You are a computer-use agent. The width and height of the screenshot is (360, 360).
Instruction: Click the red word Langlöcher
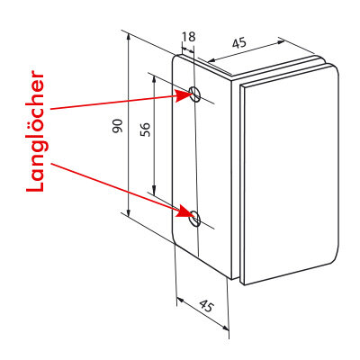pyautogui.click(x=35, y=131)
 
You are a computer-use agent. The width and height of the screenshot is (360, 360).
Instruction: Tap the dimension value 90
pyautogui.click(x=118, y=126)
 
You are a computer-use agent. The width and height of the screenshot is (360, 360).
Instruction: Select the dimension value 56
pyautogui.click(x=145, y=130)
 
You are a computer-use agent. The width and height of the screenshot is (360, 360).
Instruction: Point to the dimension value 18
pyautogui.click(x=189, y=37)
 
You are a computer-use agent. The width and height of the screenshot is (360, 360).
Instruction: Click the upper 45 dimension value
pyautogui.click(x=239, y=43)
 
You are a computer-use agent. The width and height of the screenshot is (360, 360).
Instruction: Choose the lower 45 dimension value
pyautogui.click(x=207, y=306)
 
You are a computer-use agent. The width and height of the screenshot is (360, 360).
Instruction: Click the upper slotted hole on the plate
pyautogui.click(x=195, y=94)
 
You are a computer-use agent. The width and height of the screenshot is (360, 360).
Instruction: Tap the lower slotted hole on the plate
pyautogui.click(x=195, y=218)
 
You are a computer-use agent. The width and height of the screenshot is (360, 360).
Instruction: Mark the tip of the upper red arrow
pyautogui.click(x=193, y=94)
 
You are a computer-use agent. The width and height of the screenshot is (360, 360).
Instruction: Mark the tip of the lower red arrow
pyautogui.click(x=193, y=217)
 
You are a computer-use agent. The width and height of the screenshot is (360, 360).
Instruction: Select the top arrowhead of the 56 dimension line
pyautogui.click(x=154, y=76)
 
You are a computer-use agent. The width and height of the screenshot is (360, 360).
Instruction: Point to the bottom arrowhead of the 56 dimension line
pyautogui.click(x=154, y=194)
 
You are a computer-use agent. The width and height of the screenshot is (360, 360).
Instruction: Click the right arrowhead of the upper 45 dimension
pyautogui.click(x=283, y=41)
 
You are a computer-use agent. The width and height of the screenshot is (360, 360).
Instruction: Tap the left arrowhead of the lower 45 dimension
pyautogui.click(x=177, y=299)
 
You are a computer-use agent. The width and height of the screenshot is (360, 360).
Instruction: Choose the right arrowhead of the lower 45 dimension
pyautogui.click(x=229, y=330)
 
